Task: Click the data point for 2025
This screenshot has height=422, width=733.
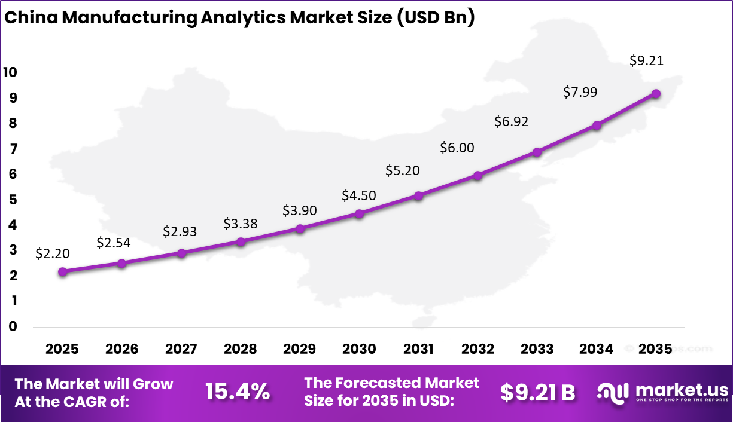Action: click(x=63, y=271)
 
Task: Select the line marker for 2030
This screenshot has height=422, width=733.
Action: click(x=359, y=213)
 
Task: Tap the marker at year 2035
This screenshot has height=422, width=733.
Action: click(x=656, y=94)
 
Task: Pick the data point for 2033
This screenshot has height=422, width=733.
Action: click(x=537, y=152)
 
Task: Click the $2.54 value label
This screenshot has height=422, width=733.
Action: click(x=113, y=243)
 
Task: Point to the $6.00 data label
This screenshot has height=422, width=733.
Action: click(x=457, y=148)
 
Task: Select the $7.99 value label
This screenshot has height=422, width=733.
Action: click(x=580, y=92)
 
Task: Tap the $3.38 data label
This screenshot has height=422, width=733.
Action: click(x=240, y=224)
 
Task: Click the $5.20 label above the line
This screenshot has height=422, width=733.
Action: click(x=403, y=170)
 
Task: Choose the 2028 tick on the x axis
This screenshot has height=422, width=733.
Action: click(x=241, y=349)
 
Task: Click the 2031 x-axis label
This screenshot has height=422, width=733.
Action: click(x=418, y=349)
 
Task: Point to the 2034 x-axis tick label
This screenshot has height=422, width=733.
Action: click(x=597, y=349)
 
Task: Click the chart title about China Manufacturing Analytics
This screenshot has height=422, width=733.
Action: click(x=239, y=18)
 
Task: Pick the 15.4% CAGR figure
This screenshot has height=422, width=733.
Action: click(x=237, y=392)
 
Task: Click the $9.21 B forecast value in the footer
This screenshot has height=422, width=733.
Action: click(x=537, y=393)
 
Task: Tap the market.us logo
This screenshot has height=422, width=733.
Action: click(x=663, y=392)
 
